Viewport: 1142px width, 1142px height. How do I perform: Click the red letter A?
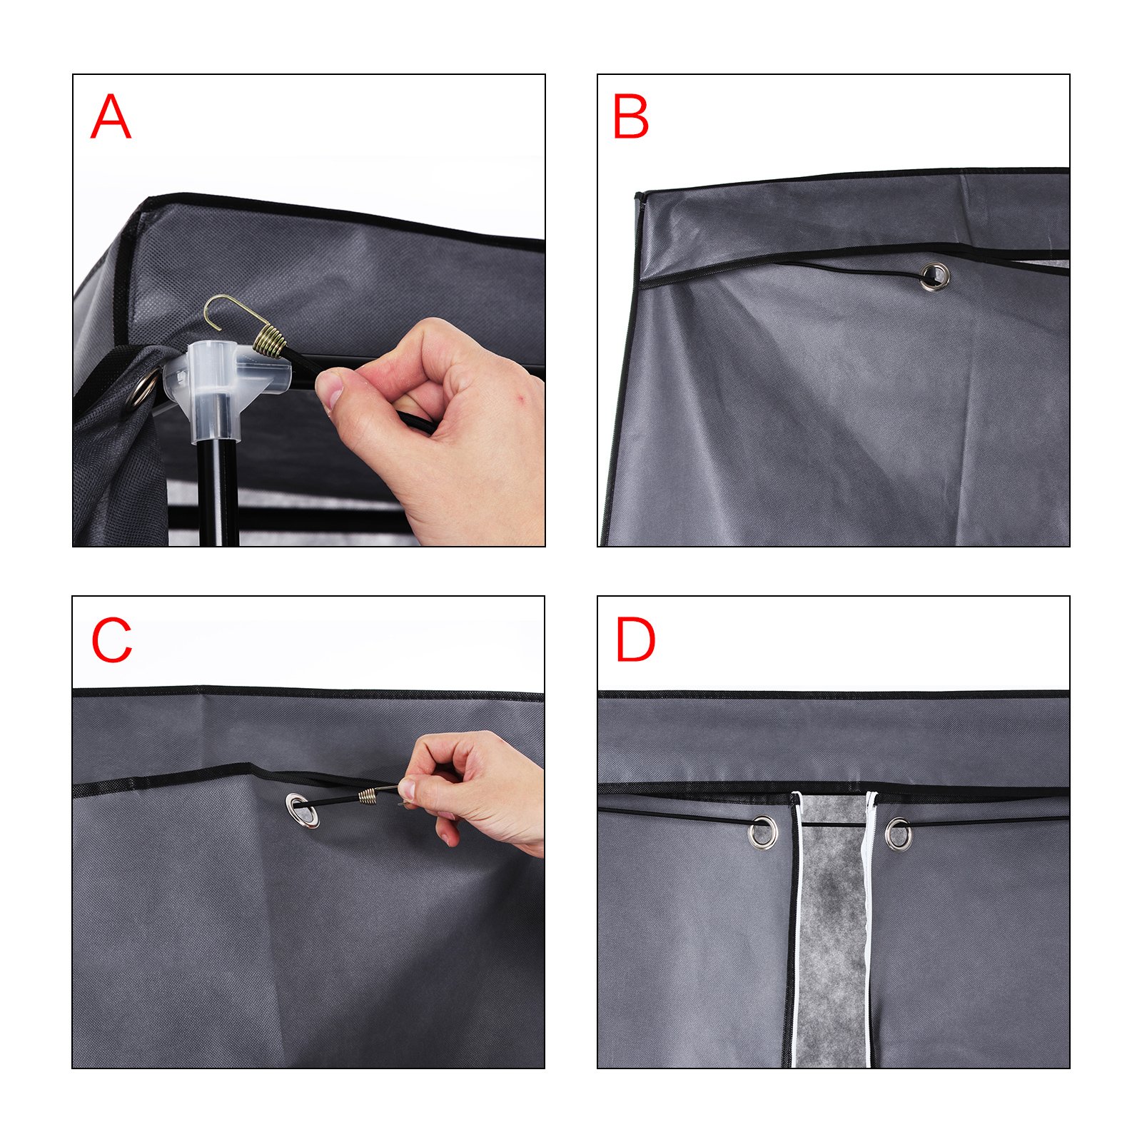click(111, 116)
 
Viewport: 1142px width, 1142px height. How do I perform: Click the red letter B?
click(630, 116)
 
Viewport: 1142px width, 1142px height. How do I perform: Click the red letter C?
click(112, 640)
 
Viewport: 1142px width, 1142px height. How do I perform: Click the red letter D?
click(635, 640)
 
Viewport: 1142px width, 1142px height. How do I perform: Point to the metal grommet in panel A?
click(143, 389)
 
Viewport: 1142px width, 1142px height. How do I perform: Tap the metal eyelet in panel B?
click(934, 276)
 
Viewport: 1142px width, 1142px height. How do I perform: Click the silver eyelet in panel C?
click(302, 809)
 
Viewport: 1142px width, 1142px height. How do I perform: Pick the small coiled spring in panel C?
click(368, 794)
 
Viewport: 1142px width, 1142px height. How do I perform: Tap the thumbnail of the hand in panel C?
click(406, 789)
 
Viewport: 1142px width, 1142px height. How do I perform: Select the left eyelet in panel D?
click(763, 832)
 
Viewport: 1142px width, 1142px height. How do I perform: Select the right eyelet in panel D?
click(898, 834)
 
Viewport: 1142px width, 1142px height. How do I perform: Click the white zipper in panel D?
click(869, 928)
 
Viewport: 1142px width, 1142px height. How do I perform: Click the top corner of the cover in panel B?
click(638, 195)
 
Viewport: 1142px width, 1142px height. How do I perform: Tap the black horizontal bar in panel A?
click(285, 515)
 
